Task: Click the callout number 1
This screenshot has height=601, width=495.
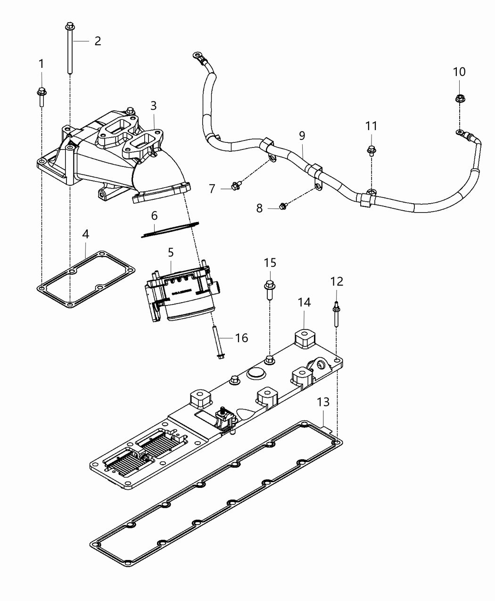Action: [41, 63]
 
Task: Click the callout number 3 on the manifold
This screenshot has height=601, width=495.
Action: [154, 106]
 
